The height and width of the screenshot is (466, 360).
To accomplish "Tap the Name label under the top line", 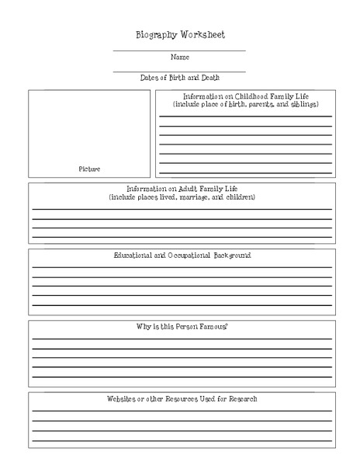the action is [x=179, y=57].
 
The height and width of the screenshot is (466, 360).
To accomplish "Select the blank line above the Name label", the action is [x=179, y=50].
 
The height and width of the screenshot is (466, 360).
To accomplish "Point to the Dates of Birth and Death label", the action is [x=179, y=77].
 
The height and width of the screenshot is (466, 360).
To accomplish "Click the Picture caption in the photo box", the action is [x=89, y=169].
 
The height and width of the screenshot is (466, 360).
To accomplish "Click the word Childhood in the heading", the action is [x=254, y=96].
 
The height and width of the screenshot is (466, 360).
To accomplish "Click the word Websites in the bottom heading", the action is [x=123, y=398].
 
